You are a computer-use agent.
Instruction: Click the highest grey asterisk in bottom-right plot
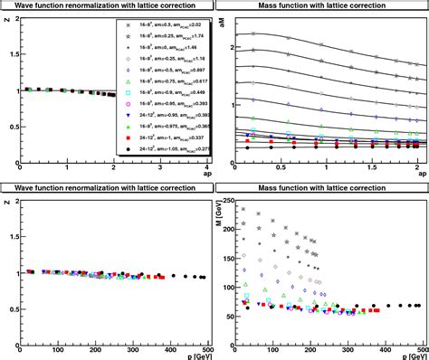pyautogui.click(x=243, y=209)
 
